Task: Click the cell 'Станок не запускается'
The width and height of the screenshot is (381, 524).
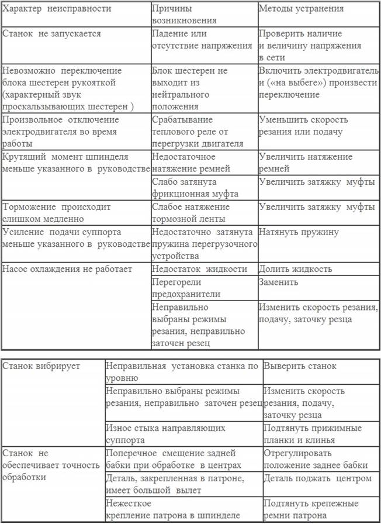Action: [52, 33]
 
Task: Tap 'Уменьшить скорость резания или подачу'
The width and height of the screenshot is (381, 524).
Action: [303, 126]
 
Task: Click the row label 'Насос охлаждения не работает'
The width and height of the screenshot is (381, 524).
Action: [67, 269]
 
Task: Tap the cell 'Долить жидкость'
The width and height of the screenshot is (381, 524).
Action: [296, 269]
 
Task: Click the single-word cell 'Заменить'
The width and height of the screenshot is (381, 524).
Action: [279, 282]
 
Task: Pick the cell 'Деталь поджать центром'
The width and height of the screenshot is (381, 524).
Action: [317, 478]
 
